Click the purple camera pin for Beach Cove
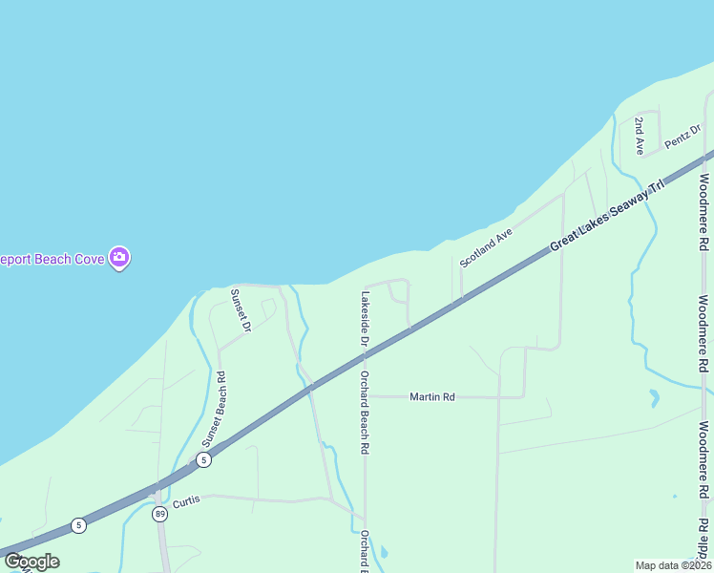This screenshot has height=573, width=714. click(119, 257)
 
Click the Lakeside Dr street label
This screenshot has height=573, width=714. click(364, 318)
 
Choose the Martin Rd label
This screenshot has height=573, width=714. click(432, 396)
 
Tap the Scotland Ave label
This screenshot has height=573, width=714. click(486, 247)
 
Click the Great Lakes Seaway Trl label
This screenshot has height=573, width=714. click(606, 216)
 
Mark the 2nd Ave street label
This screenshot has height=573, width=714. click(640, 136)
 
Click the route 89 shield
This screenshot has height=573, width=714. click(159, 514)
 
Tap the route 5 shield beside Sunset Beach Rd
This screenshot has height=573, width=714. click(203, 460)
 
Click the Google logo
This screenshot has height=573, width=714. click(31, 562)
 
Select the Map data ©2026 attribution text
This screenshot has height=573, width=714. click(673, 565)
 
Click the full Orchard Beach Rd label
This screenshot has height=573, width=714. click(365, 412)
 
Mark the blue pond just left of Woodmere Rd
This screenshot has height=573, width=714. click(654, 397)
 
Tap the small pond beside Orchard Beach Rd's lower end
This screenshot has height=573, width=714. click(383, 552)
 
